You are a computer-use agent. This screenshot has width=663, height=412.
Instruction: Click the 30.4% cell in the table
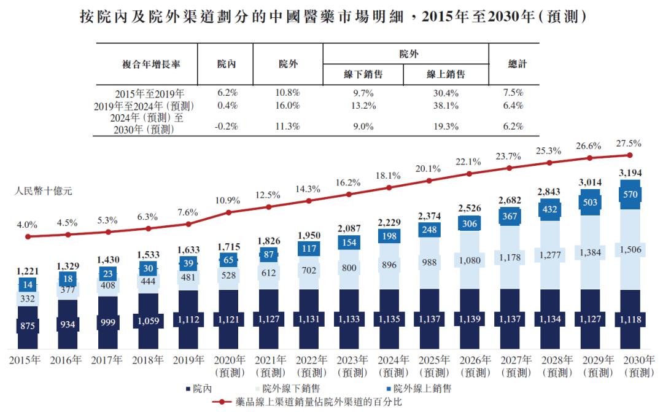coord(446,93)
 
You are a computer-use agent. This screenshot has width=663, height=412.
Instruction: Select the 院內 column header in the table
coord(227,64)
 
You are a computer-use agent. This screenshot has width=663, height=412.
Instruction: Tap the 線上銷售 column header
coord(446,74)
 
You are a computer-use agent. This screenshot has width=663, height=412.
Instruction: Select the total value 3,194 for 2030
coord(630,173)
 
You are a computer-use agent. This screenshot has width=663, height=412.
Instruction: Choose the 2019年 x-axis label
coord(187,360)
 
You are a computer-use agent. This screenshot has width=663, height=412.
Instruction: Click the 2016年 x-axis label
coord(66,360)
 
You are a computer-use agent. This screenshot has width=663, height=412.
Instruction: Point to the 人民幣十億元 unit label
coord(44,191)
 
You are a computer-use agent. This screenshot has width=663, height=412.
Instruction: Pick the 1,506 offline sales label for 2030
coord(630,249)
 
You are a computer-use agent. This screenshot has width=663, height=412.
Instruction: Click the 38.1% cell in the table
coord(446,106)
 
